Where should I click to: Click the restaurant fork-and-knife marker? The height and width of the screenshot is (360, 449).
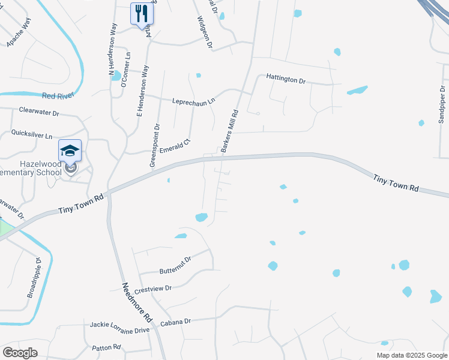(x=142, y=13)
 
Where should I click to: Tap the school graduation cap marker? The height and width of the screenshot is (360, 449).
(x=70, y=150)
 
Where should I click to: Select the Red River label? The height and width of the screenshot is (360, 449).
(x=57, y=95)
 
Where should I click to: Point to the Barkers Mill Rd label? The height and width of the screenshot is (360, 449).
(x=230, y=131)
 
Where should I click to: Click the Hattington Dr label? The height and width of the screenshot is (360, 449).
(x=286, y=80)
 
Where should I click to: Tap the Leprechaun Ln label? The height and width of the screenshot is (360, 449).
(x=193, y=101)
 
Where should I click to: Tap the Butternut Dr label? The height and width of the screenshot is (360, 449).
(x=175, y=262)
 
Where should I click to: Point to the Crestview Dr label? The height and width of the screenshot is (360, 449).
(x=153, y=289)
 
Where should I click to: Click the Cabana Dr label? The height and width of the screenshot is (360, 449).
(x=175, y=322)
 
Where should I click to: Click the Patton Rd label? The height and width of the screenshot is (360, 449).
(x=107, y=347)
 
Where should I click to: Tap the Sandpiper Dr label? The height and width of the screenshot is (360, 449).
(x=441, y=104)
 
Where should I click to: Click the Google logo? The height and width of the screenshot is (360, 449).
(x=20, y=352)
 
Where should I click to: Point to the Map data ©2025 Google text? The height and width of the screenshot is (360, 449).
(x=412, y=355)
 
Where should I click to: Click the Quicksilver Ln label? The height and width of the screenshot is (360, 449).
(x=32, y=136)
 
